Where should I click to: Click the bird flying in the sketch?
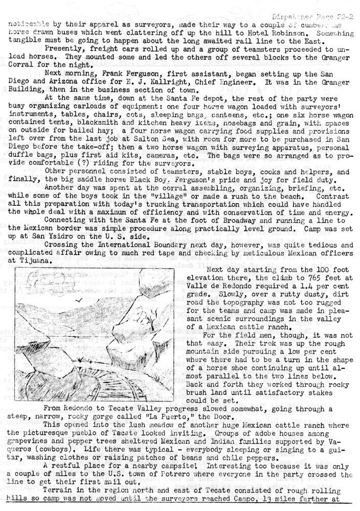click(x=79, y=301)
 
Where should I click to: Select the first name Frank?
click(x=97, y=73)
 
